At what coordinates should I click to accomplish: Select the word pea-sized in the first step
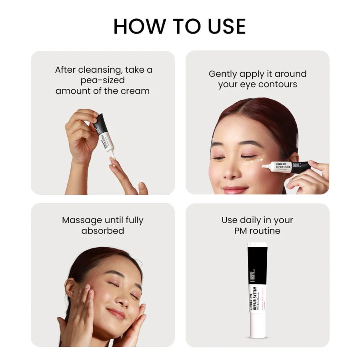coord(102,80)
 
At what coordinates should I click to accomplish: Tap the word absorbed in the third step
coord(102,231)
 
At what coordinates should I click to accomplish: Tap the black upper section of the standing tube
coord(257,264)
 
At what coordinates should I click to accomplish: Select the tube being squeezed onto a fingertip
coord(104,134)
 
